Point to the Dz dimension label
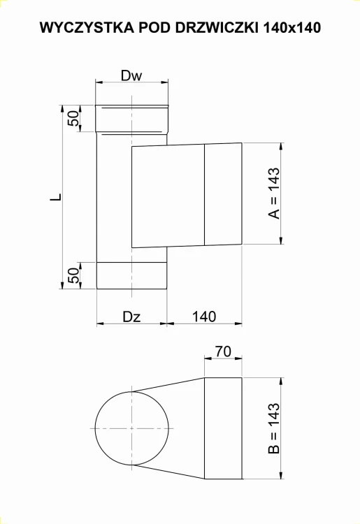(x=131, y=316)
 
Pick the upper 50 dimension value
(x=73, y=117)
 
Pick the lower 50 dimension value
(x=73, y=275)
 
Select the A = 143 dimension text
(x=275, y=194)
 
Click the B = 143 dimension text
(x=275, y=428)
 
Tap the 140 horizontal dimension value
(x=203, y=316)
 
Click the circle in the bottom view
(x=131, y=428)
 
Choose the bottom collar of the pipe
(x=131, y=275)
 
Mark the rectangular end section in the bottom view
(x=223, y=428)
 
